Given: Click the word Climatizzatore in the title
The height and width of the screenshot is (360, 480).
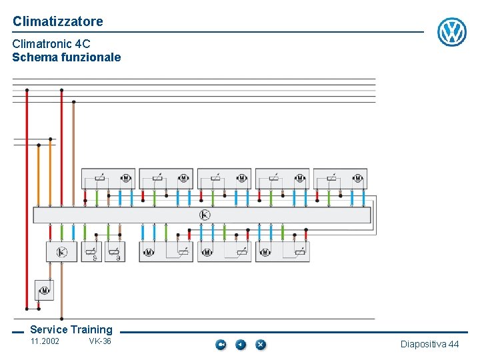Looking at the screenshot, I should click(58, 21).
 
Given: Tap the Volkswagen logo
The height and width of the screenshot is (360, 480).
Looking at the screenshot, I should click(451, 32).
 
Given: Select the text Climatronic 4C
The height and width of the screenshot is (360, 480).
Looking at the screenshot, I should click(51, 44).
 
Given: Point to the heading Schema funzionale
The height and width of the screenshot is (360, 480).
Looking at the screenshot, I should click(67, 57).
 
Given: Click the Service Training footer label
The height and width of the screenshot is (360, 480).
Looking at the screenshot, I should click(71, 329).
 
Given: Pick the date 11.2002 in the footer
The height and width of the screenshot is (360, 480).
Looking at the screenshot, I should click(45, 342).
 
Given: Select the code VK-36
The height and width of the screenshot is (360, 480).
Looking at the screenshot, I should click(100, 342).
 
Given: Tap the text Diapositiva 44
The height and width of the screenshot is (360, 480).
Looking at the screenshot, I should click(429, 344).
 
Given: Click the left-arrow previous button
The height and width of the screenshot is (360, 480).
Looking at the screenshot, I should click(241, 345).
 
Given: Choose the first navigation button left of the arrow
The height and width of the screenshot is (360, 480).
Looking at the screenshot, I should click(221, 345).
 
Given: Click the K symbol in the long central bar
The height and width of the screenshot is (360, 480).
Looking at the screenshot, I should click(205, 215).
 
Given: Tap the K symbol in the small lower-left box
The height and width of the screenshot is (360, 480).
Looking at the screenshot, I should click(61, 252).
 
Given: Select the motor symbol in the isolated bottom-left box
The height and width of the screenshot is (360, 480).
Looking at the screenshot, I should click(45, 291).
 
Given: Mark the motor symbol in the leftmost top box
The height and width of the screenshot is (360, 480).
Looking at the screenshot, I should click(125, 178).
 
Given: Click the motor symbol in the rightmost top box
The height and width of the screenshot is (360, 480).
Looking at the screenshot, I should click(357, 178).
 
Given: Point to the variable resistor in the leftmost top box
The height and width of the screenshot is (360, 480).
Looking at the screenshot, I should click(100, 178).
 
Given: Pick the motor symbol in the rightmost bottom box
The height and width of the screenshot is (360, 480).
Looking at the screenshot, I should click(265, 253).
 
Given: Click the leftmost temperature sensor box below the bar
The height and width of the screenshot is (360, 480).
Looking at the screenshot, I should click(91, 252).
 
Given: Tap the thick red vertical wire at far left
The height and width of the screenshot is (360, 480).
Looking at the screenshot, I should click(27, 200).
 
